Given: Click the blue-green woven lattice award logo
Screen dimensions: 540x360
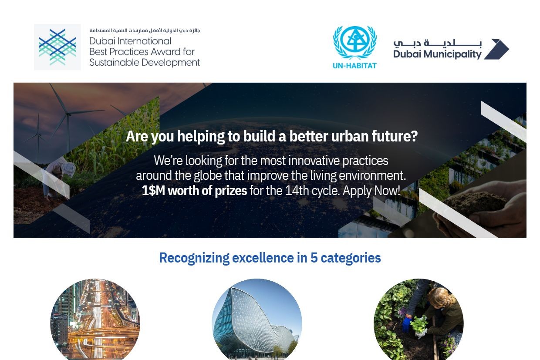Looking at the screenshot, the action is [x=57, y=47].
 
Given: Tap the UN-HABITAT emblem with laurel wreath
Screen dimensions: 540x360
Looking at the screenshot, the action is [x=354, y=43].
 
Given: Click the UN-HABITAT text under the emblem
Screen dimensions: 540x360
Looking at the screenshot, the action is [x=354, y=66].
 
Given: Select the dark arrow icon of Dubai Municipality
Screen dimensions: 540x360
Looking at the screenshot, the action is [x=496, y=49].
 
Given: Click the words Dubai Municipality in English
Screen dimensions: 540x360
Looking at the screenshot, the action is [x=437, y=54].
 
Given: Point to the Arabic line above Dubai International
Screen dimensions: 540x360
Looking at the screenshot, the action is [x=145, y=30].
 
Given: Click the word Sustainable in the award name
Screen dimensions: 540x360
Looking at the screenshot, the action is [x=114, y=63].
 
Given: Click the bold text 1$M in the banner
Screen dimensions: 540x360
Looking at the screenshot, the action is [x=153, y=191].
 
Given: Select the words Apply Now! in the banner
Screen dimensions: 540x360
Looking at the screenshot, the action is [x=371, y=191].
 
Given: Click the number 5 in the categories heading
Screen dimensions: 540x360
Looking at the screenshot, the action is [x=314, y=258].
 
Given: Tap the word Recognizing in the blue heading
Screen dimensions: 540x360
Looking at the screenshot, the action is [x=194, y=258].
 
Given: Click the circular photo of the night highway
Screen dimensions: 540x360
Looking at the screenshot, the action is [x=95, y=320].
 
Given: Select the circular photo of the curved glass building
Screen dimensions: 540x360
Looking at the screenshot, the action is [x=257, y=320].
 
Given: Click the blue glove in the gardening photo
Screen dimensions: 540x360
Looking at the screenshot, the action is [x=406, y=323].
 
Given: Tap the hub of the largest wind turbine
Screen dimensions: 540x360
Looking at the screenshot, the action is [x=68, y=114].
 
